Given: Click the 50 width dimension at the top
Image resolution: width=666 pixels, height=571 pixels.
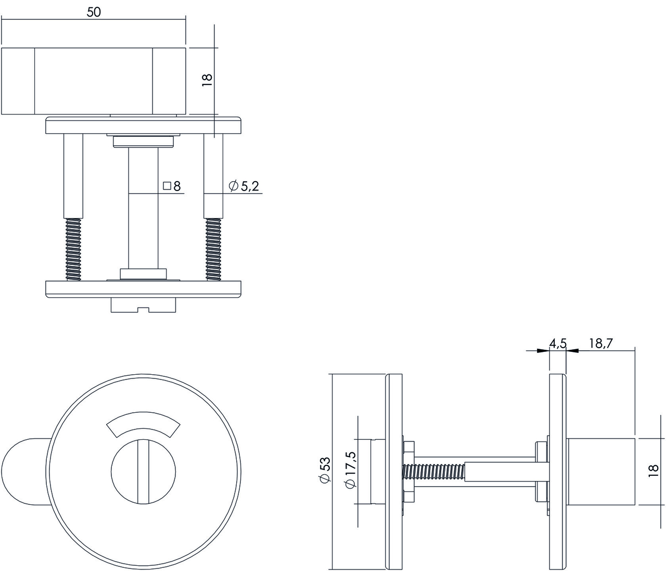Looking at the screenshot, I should [x=94, y=12].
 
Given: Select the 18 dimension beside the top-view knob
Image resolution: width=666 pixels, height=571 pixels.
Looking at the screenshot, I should [x=207, y=80].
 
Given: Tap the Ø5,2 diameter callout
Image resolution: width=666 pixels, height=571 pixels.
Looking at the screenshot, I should [x=244, y=186].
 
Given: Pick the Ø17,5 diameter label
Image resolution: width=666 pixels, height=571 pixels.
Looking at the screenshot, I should [x=350, y=470].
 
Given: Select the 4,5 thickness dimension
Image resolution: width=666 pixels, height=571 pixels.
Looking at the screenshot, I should [x=557, y=343].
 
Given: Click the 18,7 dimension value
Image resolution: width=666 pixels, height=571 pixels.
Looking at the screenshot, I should [x=601, y=343].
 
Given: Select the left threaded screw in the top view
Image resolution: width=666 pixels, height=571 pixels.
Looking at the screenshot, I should [x=73, y=249].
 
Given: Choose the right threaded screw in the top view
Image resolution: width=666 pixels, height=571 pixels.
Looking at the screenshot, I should [x=213, y=249].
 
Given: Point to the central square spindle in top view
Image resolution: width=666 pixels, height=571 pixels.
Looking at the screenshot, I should [x=143, y=208].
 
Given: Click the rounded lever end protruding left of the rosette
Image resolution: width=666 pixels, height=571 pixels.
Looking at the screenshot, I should [x=21, y=472].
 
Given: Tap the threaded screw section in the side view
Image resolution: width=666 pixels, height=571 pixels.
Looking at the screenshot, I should [x=434, y=472].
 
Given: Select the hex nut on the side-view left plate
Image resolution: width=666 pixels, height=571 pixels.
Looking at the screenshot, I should [x=408, y=472].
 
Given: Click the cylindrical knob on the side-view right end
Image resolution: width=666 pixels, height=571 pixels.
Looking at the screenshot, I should [x=601, y=472].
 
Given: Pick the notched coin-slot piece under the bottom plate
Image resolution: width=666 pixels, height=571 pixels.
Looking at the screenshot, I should [x=143, y=306].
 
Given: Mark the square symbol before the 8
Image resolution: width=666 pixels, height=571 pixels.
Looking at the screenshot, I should [x=167, y=186].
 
